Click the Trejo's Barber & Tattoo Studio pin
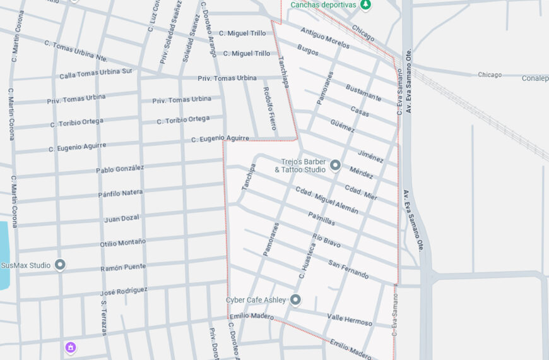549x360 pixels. point(335,165)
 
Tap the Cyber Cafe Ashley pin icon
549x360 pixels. point(295,299)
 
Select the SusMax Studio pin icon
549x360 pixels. point(60,265)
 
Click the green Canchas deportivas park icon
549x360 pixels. point(365,4)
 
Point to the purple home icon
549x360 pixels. point(71,347)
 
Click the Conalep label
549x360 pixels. point(534,78)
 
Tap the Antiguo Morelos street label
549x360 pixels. point(325,38)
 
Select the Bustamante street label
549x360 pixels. point(363,92)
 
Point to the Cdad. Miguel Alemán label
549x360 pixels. point(327,200)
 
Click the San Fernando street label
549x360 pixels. point(348,268)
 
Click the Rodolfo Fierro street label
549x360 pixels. point(269,109)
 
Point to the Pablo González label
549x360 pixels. point(120,169)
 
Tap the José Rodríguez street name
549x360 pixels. point(124,291)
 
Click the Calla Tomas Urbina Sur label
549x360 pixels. point(95,73)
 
